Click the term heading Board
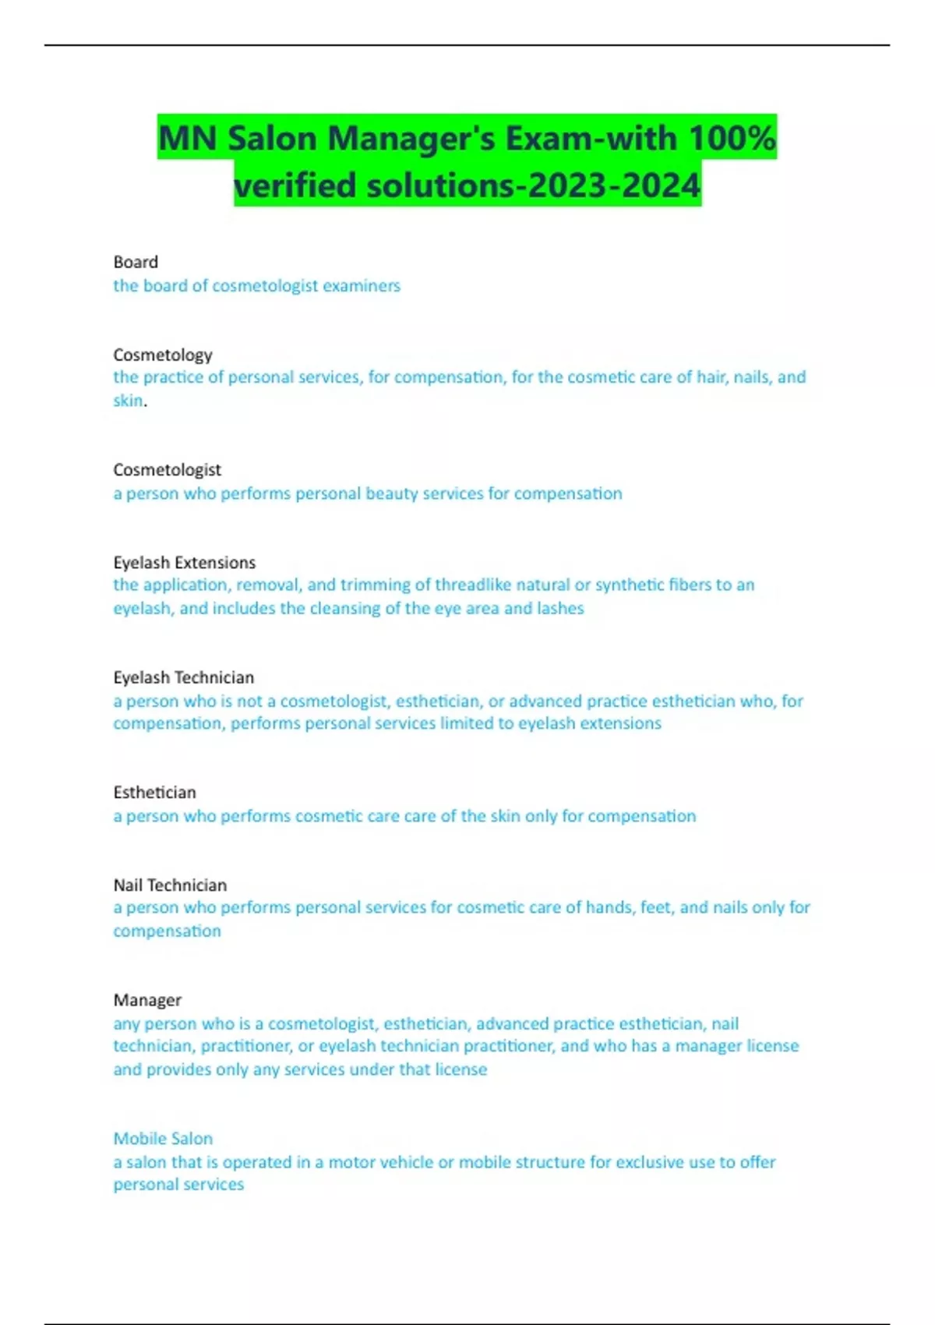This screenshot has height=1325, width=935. (136, 262)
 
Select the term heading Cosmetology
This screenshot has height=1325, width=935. (163, 355)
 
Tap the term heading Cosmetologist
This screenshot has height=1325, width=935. (167, 470)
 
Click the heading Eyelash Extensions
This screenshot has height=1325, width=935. (184, 562)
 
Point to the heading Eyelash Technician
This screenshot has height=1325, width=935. (183, 677)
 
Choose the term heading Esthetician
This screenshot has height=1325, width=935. (154, 793)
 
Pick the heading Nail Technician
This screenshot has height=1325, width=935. (170, 885)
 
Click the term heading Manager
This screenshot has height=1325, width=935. (147, 1000)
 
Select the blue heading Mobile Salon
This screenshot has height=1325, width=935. (163, 1139)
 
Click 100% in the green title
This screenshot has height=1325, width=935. (732, 138)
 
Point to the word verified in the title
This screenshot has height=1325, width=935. (295, 185)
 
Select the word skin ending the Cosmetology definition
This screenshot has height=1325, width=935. (128, 401)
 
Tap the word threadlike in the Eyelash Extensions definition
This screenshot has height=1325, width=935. (475, 585)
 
